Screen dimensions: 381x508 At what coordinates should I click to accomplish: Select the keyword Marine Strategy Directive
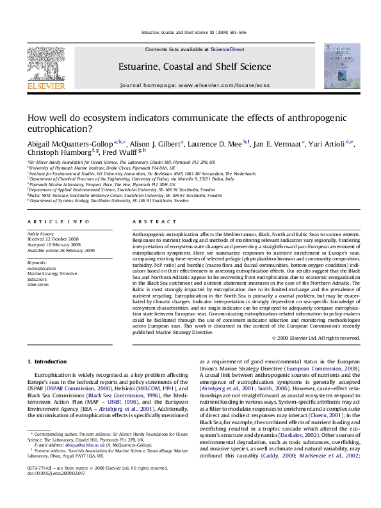click(x=51, y=273)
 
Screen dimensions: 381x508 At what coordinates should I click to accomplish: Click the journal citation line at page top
click(x=190, y=32)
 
